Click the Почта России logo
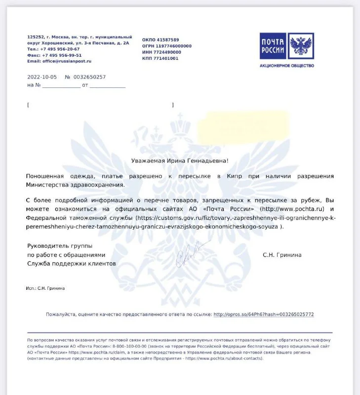coord(287,46)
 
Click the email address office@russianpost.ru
coord(66,61)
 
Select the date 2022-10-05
coord(42,77)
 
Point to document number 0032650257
coord(89,77)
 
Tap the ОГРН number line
coord(166,46)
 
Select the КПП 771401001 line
coord(160,58)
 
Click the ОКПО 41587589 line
coord(160,40)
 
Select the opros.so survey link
coord(264,314)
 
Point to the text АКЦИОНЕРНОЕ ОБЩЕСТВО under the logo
coord(287,66)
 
